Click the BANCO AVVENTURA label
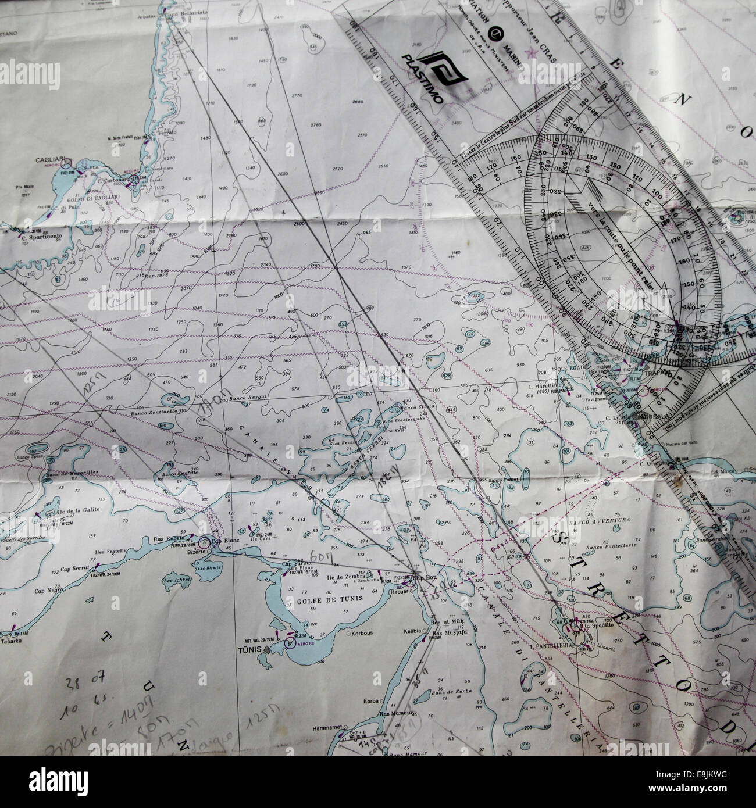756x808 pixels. tap(607, 520)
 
